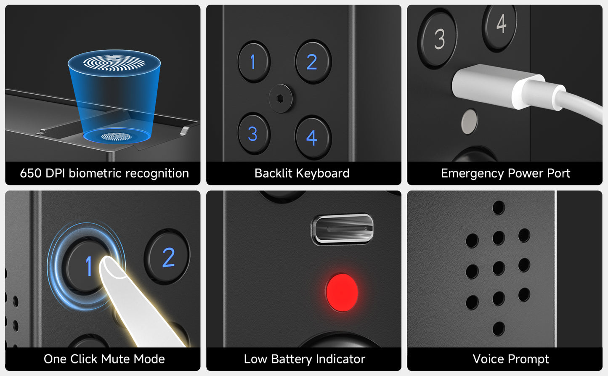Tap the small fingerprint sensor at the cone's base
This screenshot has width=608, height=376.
point(117,136)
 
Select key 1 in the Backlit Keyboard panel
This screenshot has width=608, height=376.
point(254,62)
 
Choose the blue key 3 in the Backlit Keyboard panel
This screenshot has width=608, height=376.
point(254,133)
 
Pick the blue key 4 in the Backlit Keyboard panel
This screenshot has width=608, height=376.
point(313,138)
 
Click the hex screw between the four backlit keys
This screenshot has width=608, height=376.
point(281,98)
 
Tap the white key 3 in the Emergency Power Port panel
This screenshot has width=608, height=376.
point(437,39)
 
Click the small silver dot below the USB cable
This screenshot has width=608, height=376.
point(469,122)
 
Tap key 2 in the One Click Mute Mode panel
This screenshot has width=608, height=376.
point(167,257)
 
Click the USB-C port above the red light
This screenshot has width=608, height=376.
point(342,228)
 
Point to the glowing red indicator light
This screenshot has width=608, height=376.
point(342,292)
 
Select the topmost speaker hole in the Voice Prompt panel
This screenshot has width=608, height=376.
point(499,208)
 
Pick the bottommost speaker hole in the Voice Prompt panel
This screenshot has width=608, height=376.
point(499,328)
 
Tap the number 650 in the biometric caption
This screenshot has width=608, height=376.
point(30,173)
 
